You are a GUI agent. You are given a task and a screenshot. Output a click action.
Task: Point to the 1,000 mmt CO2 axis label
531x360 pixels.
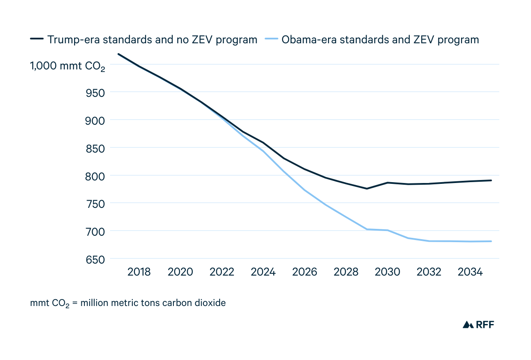pos(67,66)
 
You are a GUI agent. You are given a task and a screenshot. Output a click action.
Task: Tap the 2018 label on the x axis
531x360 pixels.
pos(139,272)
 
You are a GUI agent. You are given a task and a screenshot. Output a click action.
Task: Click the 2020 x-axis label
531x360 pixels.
pos(181,272)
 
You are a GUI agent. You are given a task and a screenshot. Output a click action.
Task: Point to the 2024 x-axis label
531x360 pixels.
pos(263,272)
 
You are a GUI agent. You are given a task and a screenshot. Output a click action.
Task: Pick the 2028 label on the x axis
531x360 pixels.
pos(346,272)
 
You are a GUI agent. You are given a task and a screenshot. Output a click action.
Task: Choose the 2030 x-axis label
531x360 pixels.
pos(388,272)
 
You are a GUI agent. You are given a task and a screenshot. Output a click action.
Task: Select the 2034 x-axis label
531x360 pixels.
pos(470,272)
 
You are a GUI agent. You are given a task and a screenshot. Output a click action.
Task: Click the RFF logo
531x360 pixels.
pos(478,324)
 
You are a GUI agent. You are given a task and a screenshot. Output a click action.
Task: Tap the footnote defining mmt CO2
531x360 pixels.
pos(128,303)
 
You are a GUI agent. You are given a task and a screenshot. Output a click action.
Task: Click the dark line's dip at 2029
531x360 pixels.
pos(367,189)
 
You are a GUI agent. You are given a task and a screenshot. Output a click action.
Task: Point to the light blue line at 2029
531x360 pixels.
pos(367,229)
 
